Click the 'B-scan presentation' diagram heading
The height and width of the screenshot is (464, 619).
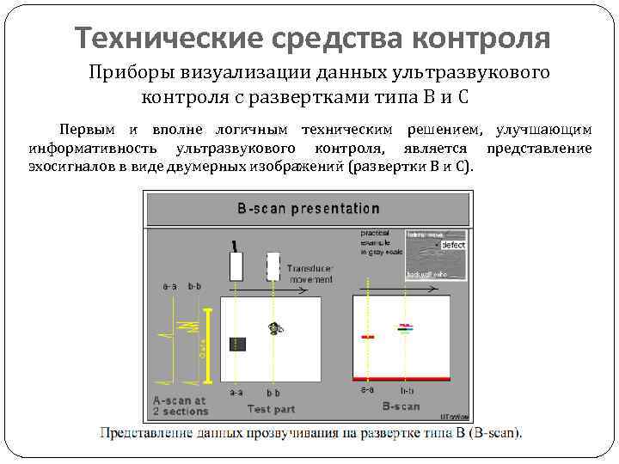[308, 209]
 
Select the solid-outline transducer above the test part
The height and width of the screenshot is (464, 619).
[236, 266]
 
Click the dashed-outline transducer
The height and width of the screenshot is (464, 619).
[273, 265]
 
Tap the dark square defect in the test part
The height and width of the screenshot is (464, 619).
[237, 344]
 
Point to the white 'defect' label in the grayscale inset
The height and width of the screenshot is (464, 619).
[452, 245]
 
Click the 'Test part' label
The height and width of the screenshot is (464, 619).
[272, 408]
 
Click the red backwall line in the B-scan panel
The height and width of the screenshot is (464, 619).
[401, 378]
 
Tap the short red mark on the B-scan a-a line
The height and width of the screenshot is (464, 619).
[367, 338]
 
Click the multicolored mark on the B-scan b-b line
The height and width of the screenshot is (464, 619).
[404, 327]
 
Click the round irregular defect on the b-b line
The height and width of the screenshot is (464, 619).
[274, 327]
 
